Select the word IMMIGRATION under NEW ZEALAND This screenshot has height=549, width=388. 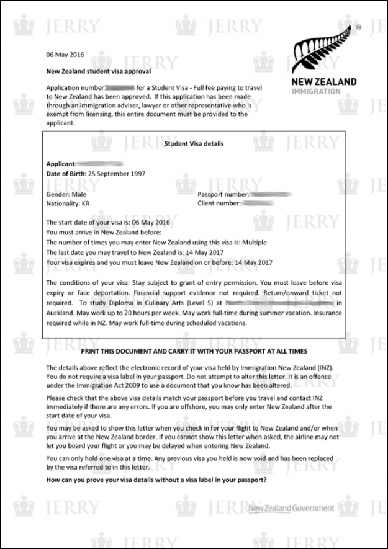coord(316,91)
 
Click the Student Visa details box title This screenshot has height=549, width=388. coord(194,144)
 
